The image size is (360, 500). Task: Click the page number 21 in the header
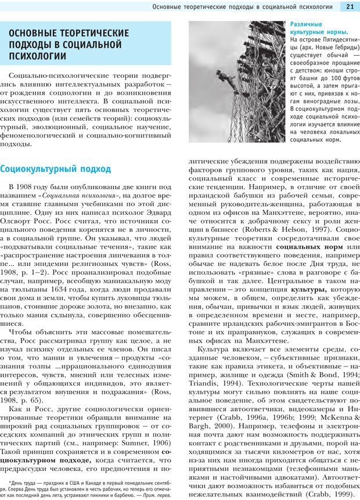[x=350, y=6]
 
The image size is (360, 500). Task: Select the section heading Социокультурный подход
[x=55, y=169]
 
